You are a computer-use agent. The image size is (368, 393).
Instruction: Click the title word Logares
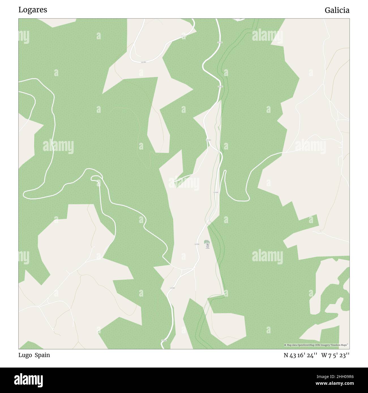coord(33,10)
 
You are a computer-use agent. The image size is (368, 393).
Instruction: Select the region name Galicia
coord(337,10)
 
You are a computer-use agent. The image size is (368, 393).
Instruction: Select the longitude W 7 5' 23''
coord(335,355)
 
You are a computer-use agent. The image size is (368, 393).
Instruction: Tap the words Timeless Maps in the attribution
coord(341,345)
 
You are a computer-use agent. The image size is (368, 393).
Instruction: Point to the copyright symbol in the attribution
coord(285,345)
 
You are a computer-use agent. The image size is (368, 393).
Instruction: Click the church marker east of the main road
coord(207,245)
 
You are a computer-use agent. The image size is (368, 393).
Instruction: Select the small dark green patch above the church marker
coord(207,241)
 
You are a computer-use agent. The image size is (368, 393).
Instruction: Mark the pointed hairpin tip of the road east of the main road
coord(225,171)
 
